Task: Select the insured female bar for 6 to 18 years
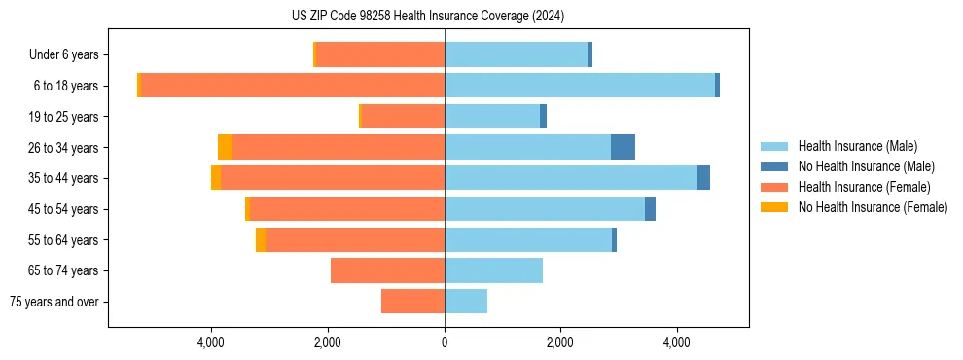point(293,86)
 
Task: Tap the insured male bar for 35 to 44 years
point(571,178)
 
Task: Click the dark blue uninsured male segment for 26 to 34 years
point(623,147)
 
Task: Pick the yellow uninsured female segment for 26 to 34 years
point(225,147)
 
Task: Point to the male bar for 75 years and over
point(466,302)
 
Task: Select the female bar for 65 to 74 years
point(387,270)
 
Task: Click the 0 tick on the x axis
point(445,342)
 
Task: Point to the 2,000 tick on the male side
point(560,342)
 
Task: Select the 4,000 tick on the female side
point(212,342)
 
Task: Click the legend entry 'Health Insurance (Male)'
point(857,146)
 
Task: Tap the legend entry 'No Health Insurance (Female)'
point(873,207)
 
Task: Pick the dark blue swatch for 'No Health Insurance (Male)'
point(774,166)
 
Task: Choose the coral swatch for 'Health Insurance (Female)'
point(774,187)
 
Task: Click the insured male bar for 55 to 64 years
point(528,239)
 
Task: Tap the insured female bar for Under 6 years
point(380,55)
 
